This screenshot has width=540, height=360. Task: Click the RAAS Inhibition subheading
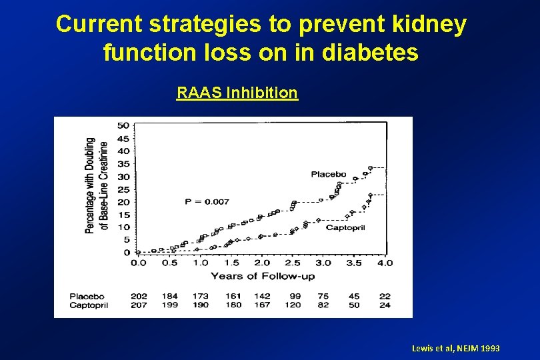(x=237, y=93)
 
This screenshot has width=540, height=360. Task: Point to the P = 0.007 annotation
(x=207, y=201)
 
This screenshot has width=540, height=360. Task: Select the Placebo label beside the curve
(x=329, y=174)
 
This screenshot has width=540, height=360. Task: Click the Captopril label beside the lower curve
(x=345, y=227)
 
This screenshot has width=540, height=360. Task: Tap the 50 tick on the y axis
(x=123, y=125)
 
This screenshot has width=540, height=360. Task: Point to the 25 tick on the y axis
(x=123, y=189)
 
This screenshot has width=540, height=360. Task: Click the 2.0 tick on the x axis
(x=262, y=263)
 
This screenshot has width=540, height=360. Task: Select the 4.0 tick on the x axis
(x=385, y=263)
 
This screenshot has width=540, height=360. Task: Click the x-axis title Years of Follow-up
(x=262, y=276)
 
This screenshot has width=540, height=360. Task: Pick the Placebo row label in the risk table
(x=87, y=296)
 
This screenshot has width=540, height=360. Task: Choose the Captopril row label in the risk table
(x=89, y=305)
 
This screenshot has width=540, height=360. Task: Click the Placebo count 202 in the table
(x=139, y=296)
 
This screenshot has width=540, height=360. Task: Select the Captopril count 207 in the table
(x=139, y=305)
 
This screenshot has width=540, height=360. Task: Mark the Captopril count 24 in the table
(x=385, y=305)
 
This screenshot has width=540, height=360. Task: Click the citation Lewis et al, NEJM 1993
(x=456, y=349)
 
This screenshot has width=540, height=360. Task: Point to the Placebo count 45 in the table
(x=355, y=296)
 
